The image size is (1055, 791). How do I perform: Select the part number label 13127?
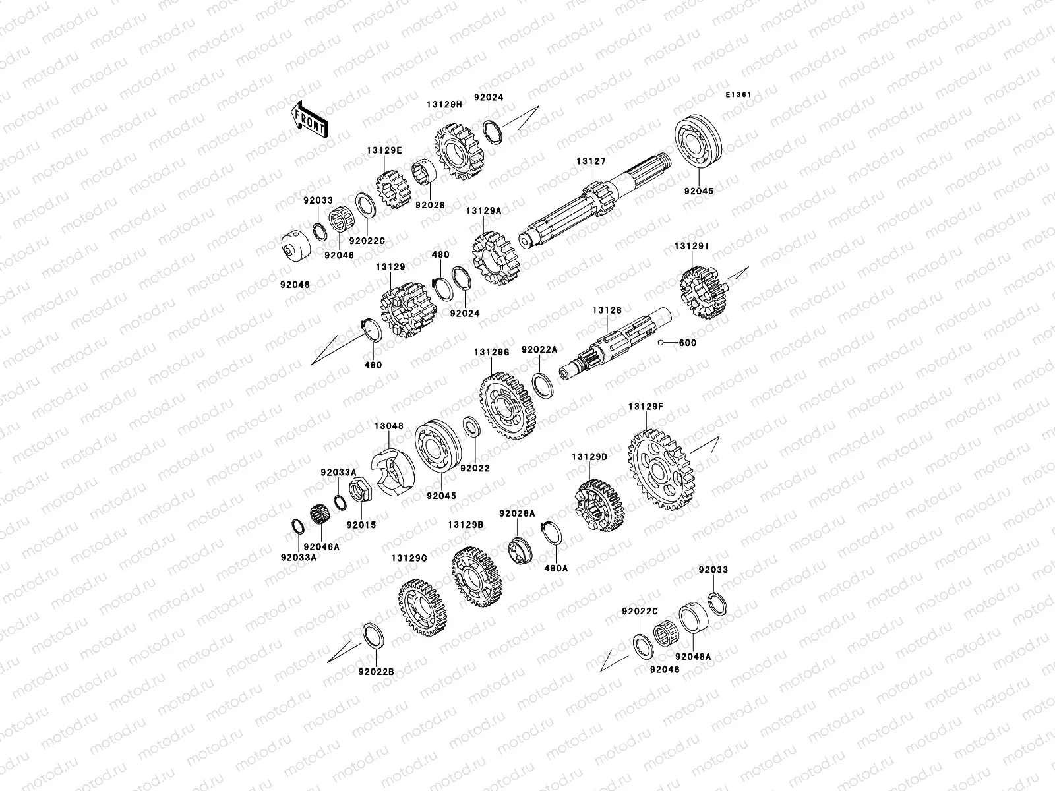click(591, 161)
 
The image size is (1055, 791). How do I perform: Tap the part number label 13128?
click(607, 310)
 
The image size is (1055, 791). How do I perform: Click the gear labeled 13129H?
click(459, 152)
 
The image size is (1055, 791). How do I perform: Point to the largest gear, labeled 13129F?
click(661, 470)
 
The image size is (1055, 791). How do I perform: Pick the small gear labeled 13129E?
click(394, 190)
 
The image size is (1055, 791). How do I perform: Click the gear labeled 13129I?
click(704, 293)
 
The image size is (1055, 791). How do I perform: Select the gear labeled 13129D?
click(599, 505)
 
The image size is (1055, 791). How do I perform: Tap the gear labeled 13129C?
click(422, 608)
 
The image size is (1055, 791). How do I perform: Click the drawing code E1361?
click(738, 95)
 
